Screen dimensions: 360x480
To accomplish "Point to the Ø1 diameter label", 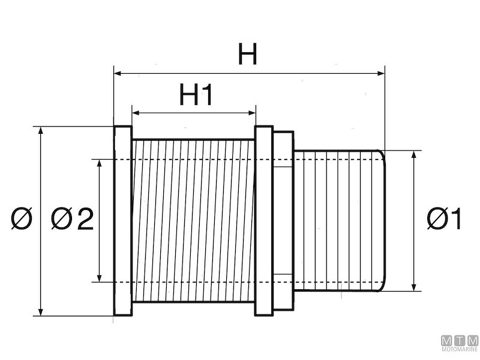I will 445,220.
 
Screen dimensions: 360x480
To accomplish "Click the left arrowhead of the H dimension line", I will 118,74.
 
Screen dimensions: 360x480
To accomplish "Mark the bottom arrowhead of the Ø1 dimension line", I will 414,287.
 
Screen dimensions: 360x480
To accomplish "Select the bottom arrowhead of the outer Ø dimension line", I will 40,311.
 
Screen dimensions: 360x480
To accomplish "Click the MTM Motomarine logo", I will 459,343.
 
